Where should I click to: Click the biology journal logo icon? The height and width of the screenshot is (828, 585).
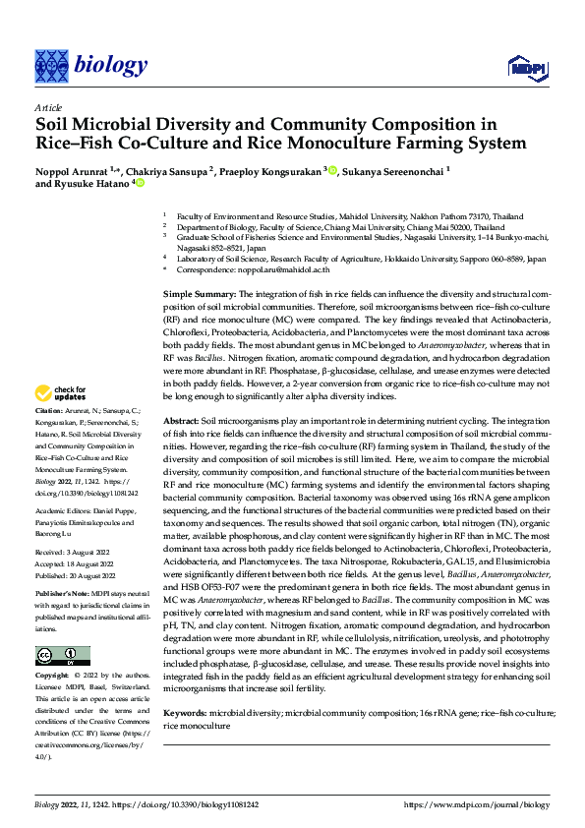click(x=50, y=65)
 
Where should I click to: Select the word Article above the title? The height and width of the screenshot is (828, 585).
click(x=48, y=107)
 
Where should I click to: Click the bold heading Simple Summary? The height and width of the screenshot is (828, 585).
click(x=199, y=295)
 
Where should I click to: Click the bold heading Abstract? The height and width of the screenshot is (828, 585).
click(x=182, y=420)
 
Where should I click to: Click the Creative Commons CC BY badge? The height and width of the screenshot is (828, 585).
click(x=62, y=628)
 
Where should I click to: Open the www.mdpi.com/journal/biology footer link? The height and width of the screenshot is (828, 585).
click(x=477, y=804)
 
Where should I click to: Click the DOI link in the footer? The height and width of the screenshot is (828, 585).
click(x=187, y=804)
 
